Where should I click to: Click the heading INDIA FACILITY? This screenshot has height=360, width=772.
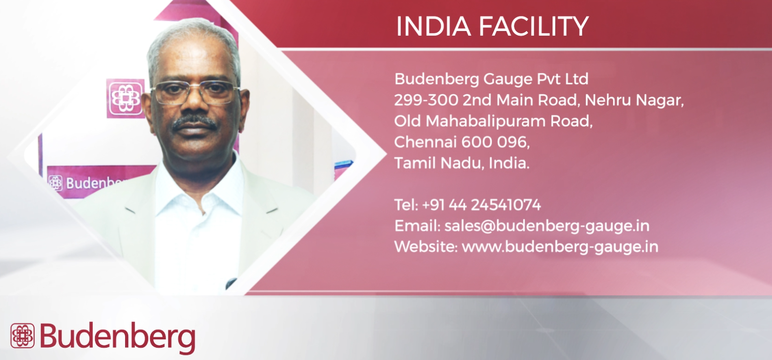pyautogui.click(x=492, y=26)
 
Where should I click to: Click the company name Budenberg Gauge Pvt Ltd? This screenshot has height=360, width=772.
pyautogui.click(x=491, y=79)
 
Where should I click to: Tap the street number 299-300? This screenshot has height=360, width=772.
pyautogui.click(x=426, y=100)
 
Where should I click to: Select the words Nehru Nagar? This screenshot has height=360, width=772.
pyautogui.click(x=634, y=101)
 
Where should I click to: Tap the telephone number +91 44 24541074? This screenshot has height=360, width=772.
pyautogui.click(x=481, y=205)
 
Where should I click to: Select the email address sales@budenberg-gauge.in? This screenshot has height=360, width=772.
pyautogui.click(x=547, y=227)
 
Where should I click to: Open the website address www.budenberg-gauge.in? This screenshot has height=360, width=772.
pyautogui.click(x=560, y=247)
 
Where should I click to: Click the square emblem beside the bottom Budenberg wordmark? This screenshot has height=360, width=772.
pyautogui.click(x=23, y=336)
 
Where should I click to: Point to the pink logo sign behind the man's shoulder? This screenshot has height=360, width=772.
pyautogui.click(x=125, y=98)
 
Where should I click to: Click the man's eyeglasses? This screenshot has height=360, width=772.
pyautogui.click(x=195, y=92)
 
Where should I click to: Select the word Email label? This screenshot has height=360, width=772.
pyautogui.click(x=417, y=227)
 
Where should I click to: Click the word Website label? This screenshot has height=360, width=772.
pyautogui.click(x=425, y=247)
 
